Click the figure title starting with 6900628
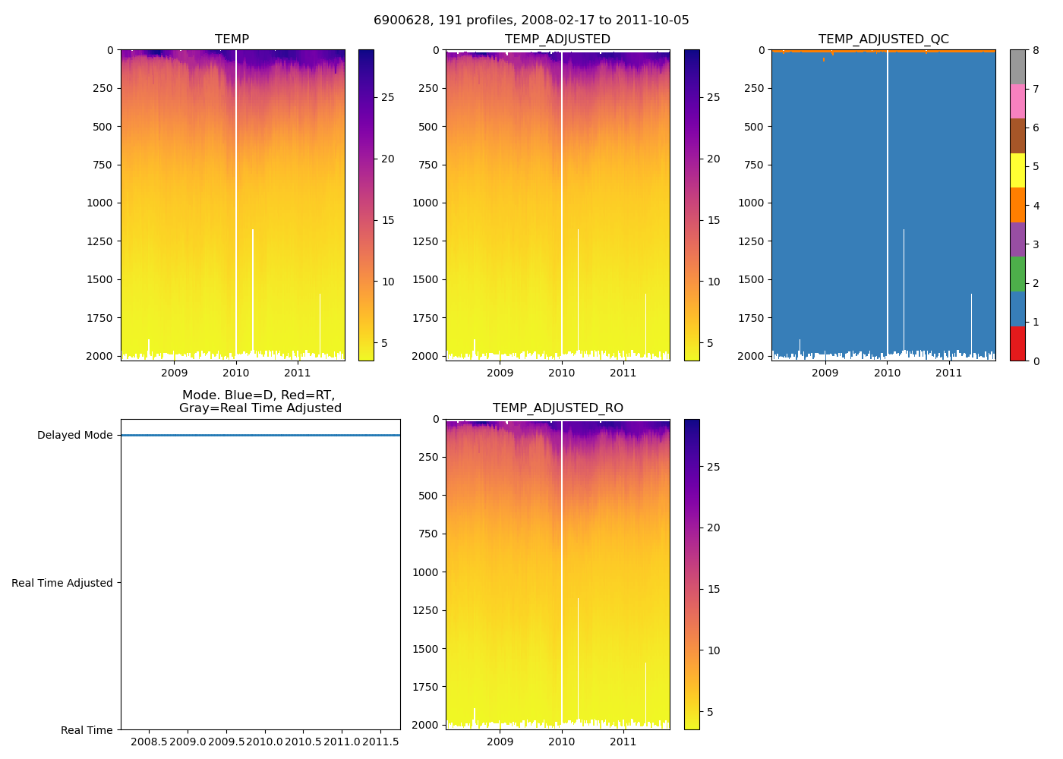coord(531,20)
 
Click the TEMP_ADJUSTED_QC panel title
coord(883,39)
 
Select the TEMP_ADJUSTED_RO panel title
coord(557,408)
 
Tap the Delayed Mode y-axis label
coord(74,436)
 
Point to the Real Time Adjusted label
coord(62,583)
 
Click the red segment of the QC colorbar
coord(1017,344)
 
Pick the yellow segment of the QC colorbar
coord(1017,171)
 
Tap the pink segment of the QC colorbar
coord(1017,101)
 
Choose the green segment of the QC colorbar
coord(1017,274)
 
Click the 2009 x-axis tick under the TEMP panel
coord(174,373)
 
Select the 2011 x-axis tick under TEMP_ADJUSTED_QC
coord(948,373)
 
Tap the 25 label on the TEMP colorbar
coord(387,98)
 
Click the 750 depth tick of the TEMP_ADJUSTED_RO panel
coord(428,534)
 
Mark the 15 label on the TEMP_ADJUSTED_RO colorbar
coord(713,589)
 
